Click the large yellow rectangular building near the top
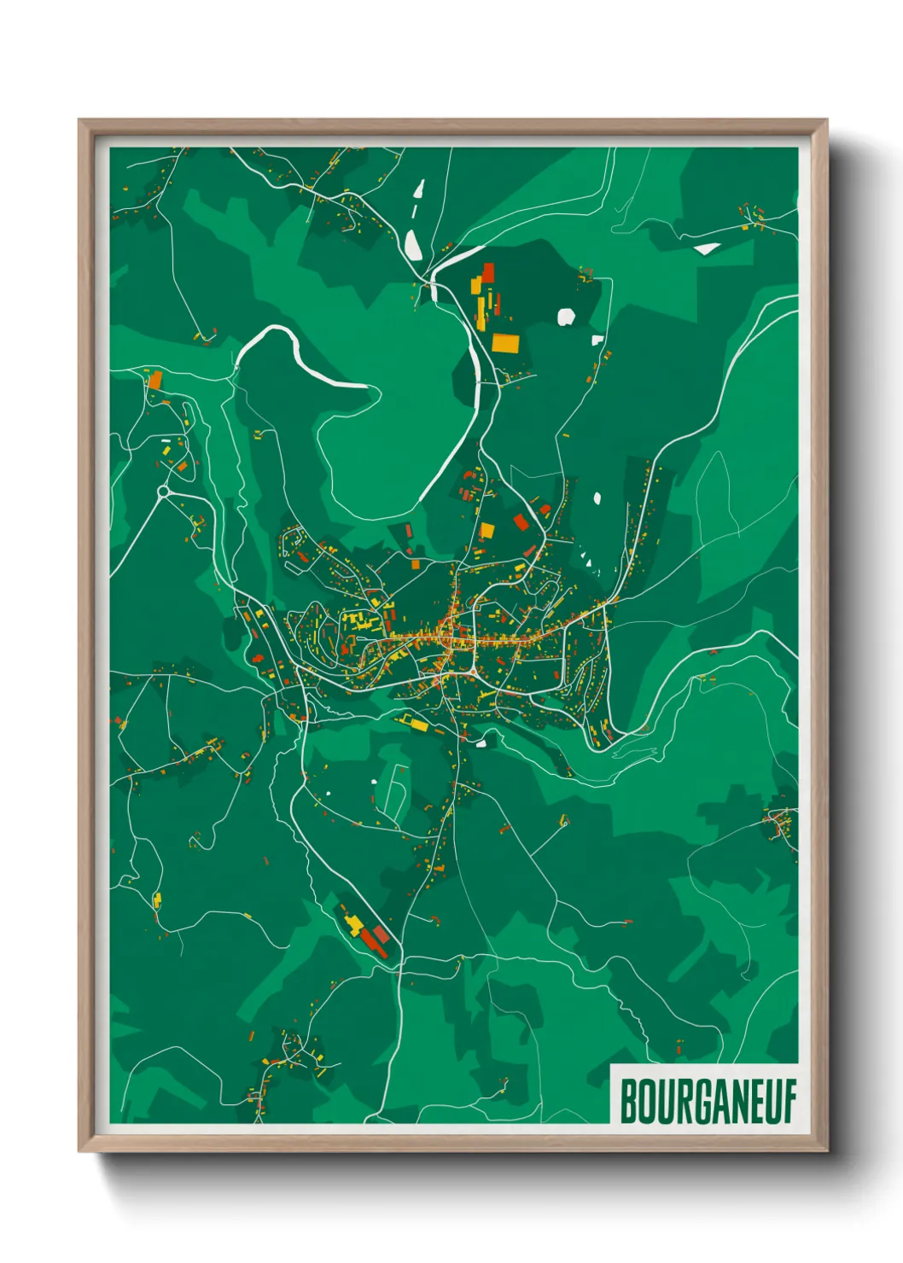504,342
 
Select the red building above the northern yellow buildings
488,271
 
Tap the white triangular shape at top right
707,248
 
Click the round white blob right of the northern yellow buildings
565,317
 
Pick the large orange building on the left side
154,380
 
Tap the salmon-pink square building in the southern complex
382,934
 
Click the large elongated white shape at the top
412,245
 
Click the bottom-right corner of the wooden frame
825,1150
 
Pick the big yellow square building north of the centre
486,531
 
